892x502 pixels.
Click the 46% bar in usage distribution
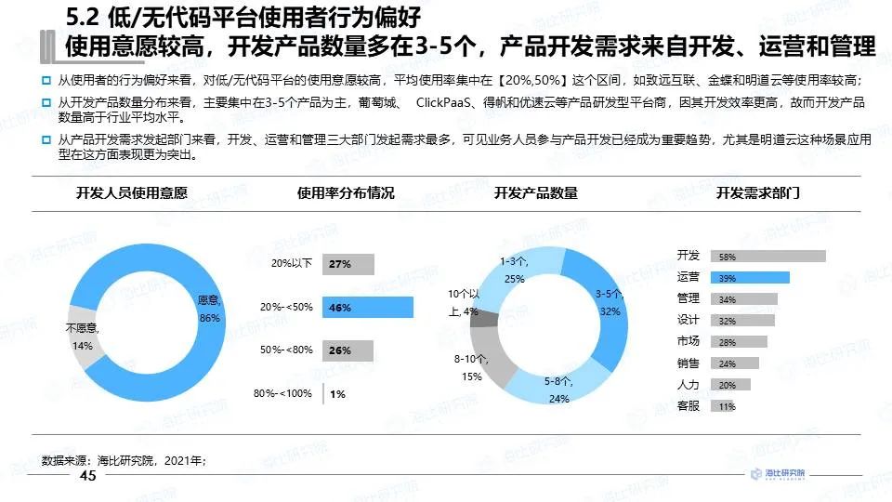(367, 308)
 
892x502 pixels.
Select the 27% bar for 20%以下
(348, 264)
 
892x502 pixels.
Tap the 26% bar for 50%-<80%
(348, 350)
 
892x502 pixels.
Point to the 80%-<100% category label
(282, 393)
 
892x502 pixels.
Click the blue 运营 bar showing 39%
(750, 278)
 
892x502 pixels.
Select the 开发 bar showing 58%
(767, 257)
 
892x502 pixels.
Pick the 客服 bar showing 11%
(723, 406)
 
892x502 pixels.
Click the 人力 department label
(689, 384)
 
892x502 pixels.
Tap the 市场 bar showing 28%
(739, 342)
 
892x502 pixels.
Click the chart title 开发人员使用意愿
(132, 193)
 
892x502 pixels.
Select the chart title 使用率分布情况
(346, 193)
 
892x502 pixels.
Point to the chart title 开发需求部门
(757, 193)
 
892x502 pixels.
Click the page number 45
(88, 476)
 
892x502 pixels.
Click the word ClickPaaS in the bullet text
(447, 102)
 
